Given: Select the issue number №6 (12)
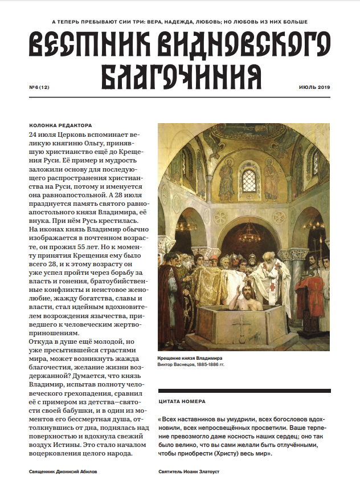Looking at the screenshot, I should pos(39,87).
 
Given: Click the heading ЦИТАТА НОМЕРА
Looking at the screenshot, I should pos(181,401).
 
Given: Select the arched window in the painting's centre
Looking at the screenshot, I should pos(249,181).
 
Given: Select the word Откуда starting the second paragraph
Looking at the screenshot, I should pos(41,341).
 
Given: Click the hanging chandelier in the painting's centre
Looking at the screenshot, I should pos(249,232).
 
